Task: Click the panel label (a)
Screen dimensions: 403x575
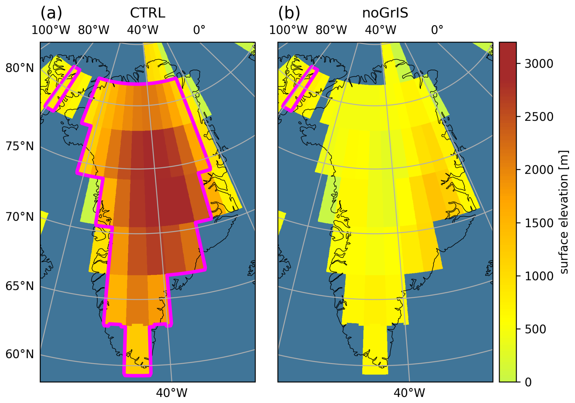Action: [x=51, y=13]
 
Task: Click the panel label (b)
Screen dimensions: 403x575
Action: [x=289, y=13]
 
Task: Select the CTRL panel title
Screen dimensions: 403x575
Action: [x=147, y=13]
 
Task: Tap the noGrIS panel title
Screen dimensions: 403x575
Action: [x=385, y=13]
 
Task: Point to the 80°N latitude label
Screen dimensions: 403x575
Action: [x=20, y=68]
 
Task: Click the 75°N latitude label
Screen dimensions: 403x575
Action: [x=20, y=146]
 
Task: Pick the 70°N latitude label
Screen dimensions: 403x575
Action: [x=20, y=217]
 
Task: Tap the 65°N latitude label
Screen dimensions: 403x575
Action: [x=20, y=286]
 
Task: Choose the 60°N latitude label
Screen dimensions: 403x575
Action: [x=20, y=354]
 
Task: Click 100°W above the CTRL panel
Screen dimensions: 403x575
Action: [x=51, y=30]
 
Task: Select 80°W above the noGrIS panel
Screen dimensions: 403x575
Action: [x=331, y=30]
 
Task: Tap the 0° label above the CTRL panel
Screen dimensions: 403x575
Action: [x=199, y=30]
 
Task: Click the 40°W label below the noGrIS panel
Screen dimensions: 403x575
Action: [x=409, y=393]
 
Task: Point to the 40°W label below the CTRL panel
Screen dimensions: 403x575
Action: [x=171, y=393]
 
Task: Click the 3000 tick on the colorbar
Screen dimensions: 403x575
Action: [x=539, y=64]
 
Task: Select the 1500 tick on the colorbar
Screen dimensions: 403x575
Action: [x=539, y=223]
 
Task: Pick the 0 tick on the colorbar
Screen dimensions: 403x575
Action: [x=528, y=382]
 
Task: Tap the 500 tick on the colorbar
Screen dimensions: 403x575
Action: [x=535, y=329]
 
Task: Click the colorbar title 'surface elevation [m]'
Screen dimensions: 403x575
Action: [x=564, y=212]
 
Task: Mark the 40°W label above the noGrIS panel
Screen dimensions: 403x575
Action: [x=380, y=30]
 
